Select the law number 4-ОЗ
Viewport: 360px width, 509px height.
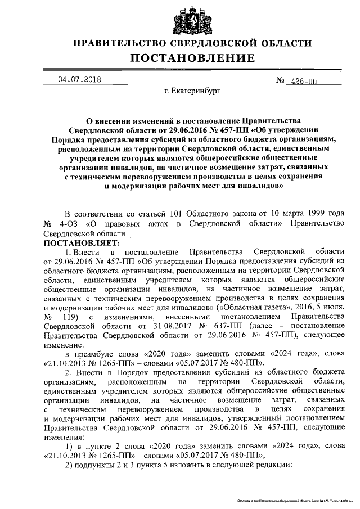coord(70,224)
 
